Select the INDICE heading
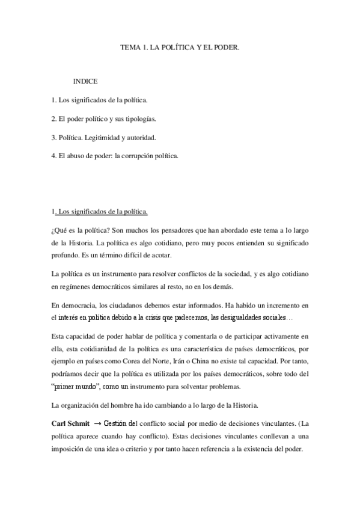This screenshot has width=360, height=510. (85, 80)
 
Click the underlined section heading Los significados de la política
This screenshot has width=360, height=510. (103, 212)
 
